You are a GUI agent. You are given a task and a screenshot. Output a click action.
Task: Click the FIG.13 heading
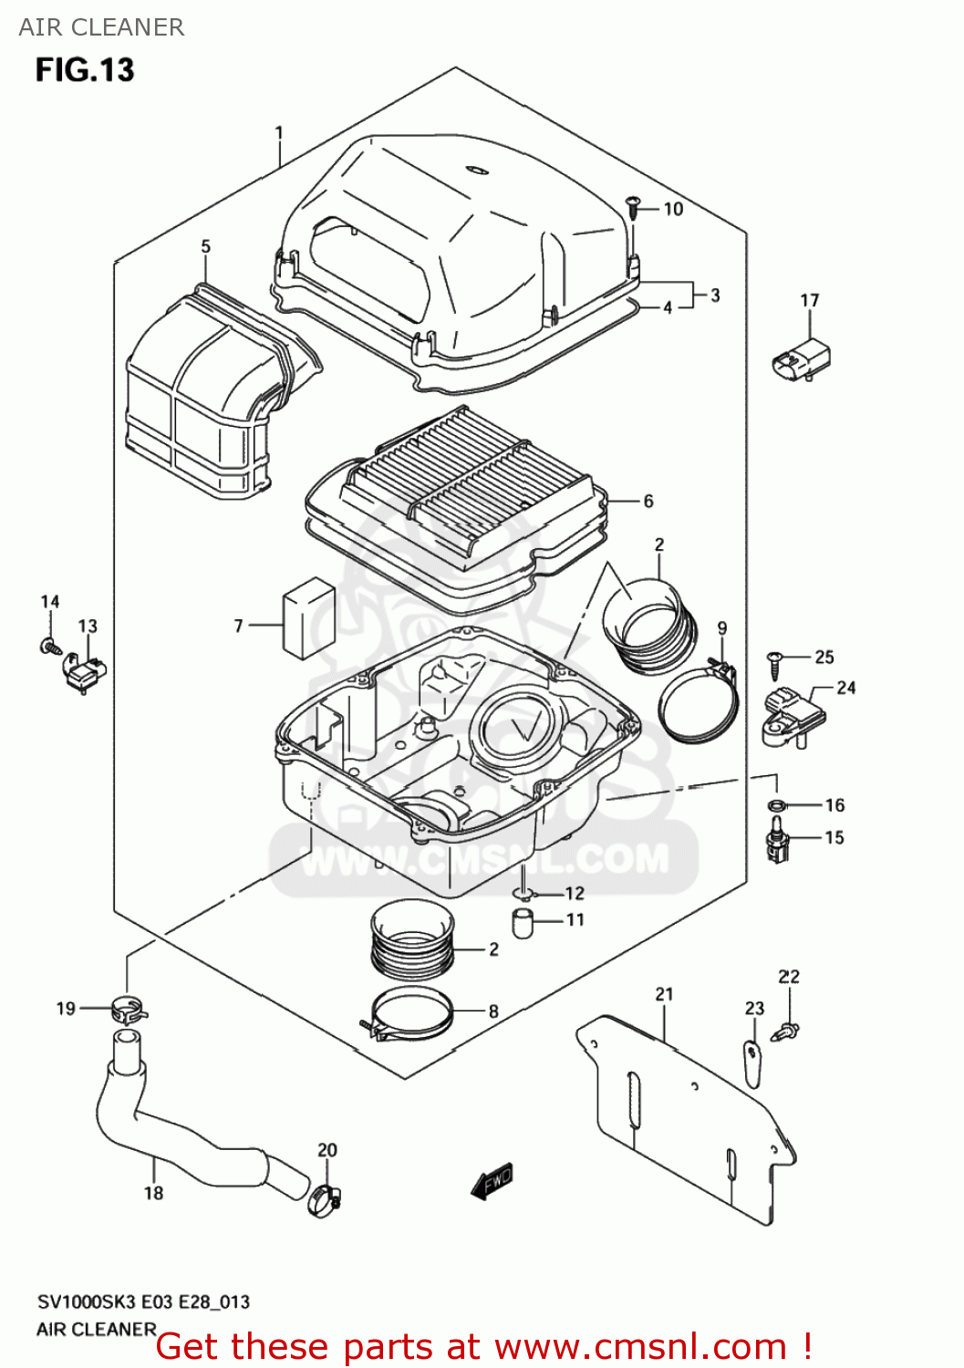[x=85, y=70]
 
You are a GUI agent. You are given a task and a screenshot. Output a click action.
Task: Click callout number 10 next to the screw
[x=673, y=209]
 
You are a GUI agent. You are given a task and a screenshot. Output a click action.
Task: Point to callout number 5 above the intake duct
[x=206, y=246]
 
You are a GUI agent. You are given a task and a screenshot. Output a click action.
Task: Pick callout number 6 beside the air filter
[x=648, y=501]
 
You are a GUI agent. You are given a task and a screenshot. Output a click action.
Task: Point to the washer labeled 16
[x=777, y=805]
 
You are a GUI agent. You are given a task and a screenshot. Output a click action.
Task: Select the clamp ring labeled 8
[x=411, y=1014]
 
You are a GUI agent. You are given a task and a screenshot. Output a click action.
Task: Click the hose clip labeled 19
[x=128, y=1010]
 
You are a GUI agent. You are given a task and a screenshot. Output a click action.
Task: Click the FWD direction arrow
[x=492, y=1181]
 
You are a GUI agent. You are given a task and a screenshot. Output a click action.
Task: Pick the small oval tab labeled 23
[x=752, y=1062]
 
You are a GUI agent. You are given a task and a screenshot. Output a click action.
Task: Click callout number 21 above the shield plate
[x=664, y=994]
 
